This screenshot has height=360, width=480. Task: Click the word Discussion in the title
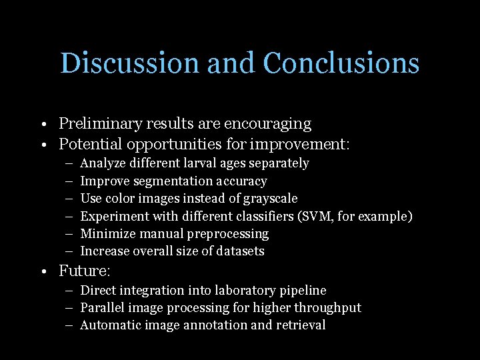tap(130, 63)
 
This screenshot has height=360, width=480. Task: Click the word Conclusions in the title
tap(341, 63)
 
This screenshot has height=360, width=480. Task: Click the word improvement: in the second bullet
tap(309, 144)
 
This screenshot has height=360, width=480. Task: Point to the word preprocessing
tap(230, 234)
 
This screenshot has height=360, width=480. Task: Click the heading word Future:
tap(84, 271)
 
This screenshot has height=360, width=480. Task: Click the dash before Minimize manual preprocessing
tap(70, 234)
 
